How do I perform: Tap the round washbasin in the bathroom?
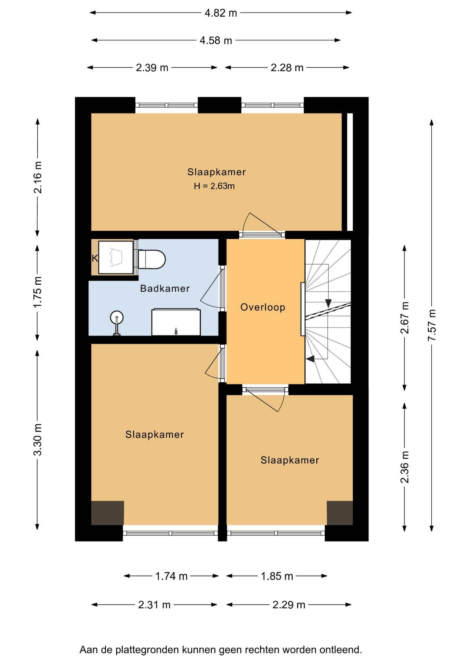point(117,317)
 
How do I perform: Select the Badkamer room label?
point(165,288)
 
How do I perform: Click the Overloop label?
point(263,307)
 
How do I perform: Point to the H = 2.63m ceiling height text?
point(214,186)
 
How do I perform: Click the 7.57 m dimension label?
point(432,325)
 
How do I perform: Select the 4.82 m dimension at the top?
point(221,13)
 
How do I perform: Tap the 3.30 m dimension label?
point(37,439)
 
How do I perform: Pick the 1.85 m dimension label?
point(277,576)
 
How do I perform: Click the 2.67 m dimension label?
point(404,318)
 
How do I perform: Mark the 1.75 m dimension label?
point(37,292)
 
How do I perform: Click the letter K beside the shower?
point(95,258)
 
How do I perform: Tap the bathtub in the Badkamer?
point(176,322)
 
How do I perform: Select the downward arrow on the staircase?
point(328,303)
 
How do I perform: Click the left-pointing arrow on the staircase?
point(310,359)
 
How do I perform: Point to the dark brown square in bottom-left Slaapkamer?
point(107,513)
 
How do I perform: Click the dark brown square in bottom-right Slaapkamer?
point(340,513)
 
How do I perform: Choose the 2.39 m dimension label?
point(152,67)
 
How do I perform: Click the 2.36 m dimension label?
point(404,467)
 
